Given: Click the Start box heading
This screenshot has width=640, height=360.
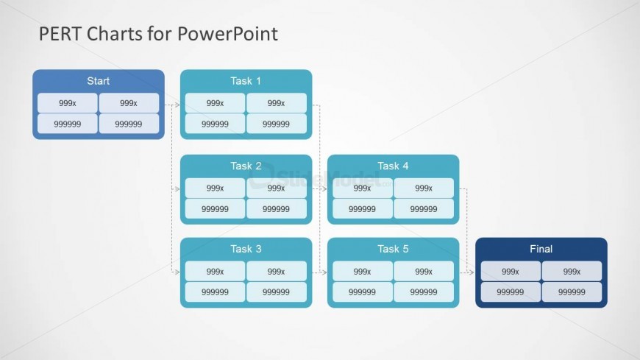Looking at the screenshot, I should (98, 81).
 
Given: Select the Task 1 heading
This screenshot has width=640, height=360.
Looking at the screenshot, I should (246, 81).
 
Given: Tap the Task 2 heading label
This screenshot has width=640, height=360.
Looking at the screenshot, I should (246, 166).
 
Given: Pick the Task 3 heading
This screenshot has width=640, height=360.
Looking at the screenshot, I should (246, 249).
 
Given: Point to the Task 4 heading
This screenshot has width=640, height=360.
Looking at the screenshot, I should (393, 166).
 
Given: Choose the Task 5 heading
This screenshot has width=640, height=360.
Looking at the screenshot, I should (393, 249).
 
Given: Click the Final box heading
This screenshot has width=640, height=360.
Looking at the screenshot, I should (541, 249).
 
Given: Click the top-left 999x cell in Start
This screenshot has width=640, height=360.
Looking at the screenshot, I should (68, 103).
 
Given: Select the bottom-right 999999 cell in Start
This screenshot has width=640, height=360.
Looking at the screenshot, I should (129, 124).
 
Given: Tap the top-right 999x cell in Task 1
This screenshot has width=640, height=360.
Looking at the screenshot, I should (277, 103).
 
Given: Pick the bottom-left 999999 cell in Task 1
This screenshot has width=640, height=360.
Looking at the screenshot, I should (215, 124).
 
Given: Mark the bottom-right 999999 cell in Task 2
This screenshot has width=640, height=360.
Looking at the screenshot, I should (277, 209).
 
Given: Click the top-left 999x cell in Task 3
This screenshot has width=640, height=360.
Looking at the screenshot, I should (215, 272).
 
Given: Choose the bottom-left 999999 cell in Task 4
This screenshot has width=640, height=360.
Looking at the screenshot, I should (362, 209).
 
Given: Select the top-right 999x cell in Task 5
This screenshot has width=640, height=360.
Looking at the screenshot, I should (424, 272).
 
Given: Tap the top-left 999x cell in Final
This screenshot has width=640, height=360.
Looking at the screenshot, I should (511, 272).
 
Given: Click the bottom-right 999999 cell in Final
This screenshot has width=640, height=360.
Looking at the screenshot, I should (572, 292).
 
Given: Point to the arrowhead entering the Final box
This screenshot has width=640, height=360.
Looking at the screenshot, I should (472, 272).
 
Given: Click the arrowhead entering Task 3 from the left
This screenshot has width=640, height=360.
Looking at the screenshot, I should (177, 272).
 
